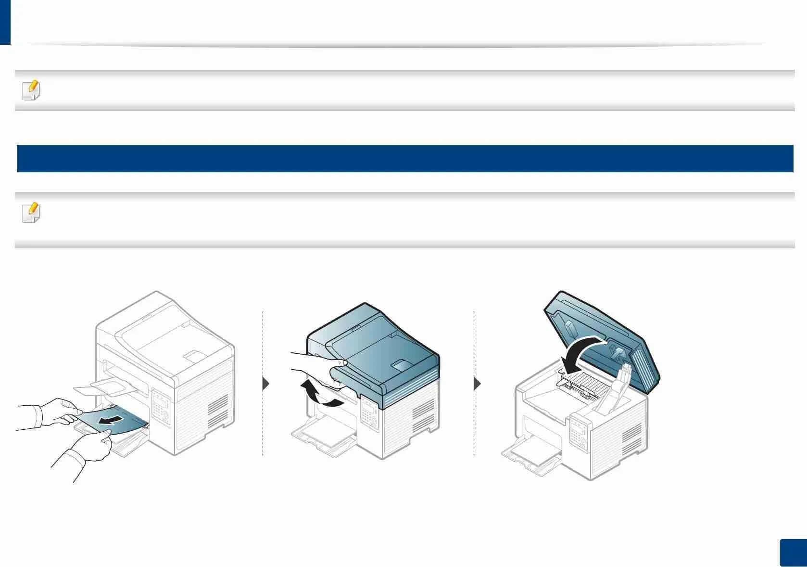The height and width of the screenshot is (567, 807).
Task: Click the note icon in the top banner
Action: [x=31, y=90]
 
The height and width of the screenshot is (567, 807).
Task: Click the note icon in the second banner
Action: [x=31, y=213]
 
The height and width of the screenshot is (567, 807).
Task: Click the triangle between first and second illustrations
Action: [x=266, y=384]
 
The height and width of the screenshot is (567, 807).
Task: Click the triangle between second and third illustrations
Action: [x=477, y=384]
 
